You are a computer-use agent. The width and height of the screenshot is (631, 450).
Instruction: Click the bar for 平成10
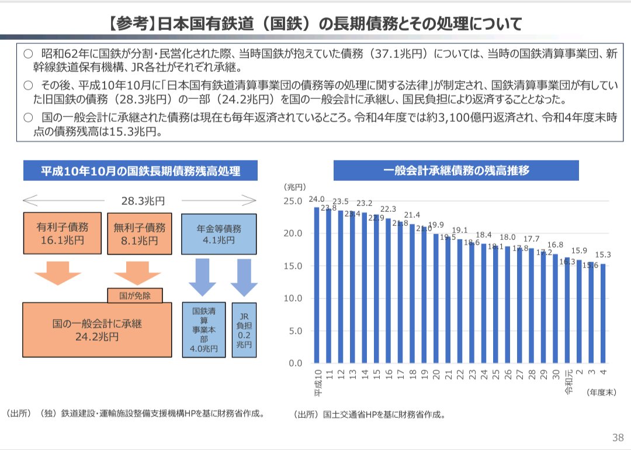(317, 285)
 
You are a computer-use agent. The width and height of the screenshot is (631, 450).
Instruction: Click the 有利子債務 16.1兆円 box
(61, 233)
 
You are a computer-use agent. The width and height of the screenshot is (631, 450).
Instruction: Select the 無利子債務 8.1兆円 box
(140, 233)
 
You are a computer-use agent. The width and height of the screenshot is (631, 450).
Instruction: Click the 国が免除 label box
(135, 296)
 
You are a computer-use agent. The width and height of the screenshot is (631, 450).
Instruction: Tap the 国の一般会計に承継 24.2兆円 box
(97, 330)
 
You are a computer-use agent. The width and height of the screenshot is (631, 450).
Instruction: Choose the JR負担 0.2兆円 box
(244, 329)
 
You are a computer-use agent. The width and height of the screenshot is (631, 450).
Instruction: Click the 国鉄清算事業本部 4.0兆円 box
(204, 329)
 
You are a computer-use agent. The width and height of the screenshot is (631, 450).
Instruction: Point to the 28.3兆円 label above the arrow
(143, 201)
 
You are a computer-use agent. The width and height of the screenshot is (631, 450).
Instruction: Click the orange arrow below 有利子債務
(57, 273)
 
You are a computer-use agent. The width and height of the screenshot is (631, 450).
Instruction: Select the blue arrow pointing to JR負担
(244, 278)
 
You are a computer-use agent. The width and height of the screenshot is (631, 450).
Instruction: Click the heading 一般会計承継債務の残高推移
(456, 170)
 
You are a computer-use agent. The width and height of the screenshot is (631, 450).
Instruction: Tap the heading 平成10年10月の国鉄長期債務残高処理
(140, 171)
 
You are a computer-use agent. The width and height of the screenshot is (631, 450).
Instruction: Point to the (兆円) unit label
(295, 187)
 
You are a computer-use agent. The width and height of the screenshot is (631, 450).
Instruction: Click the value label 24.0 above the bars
(317, 199)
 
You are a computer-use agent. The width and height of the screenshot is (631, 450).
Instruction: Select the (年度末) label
(601, 393)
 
